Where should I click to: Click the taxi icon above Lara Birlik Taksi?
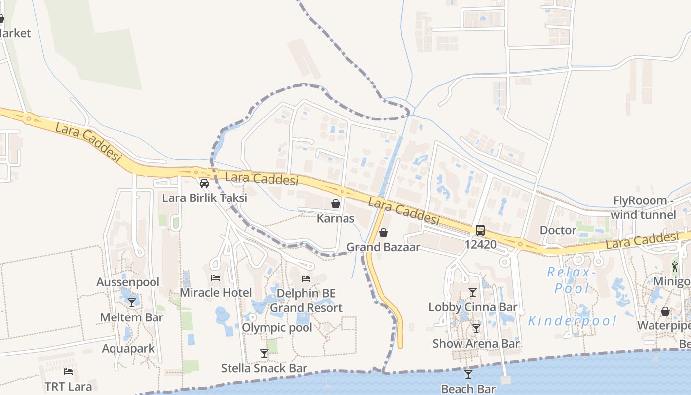point(204,183)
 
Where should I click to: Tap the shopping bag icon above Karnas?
point(336,203)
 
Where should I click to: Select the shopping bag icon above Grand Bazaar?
point(383,232)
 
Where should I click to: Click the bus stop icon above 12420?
point(480,230)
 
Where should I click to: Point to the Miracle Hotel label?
point(216,292)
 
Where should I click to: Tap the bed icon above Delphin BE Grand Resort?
point(306,279)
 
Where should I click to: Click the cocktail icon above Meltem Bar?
point(132,302)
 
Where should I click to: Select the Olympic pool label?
point(277,327)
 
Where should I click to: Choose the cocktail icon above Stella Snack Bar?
point(264,354)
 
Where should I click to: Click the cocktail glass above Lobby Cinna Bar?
point(473,292)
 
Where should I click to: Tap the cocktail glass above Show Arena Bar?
point(476,329)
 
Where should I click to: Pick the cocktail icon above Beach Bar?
point(468,374)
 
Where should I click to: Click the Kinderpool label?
point(573,321)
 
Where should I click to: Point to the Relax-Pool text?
point(569,280)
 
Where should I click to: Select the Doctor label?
point(558,230)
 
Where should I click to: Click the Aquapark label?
point(128,348)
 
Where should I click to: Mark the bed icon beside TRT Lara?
point(68,372)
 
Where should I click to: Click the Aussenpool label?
point(128,282)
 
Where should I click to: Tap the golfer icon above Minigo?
point(675,267)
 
